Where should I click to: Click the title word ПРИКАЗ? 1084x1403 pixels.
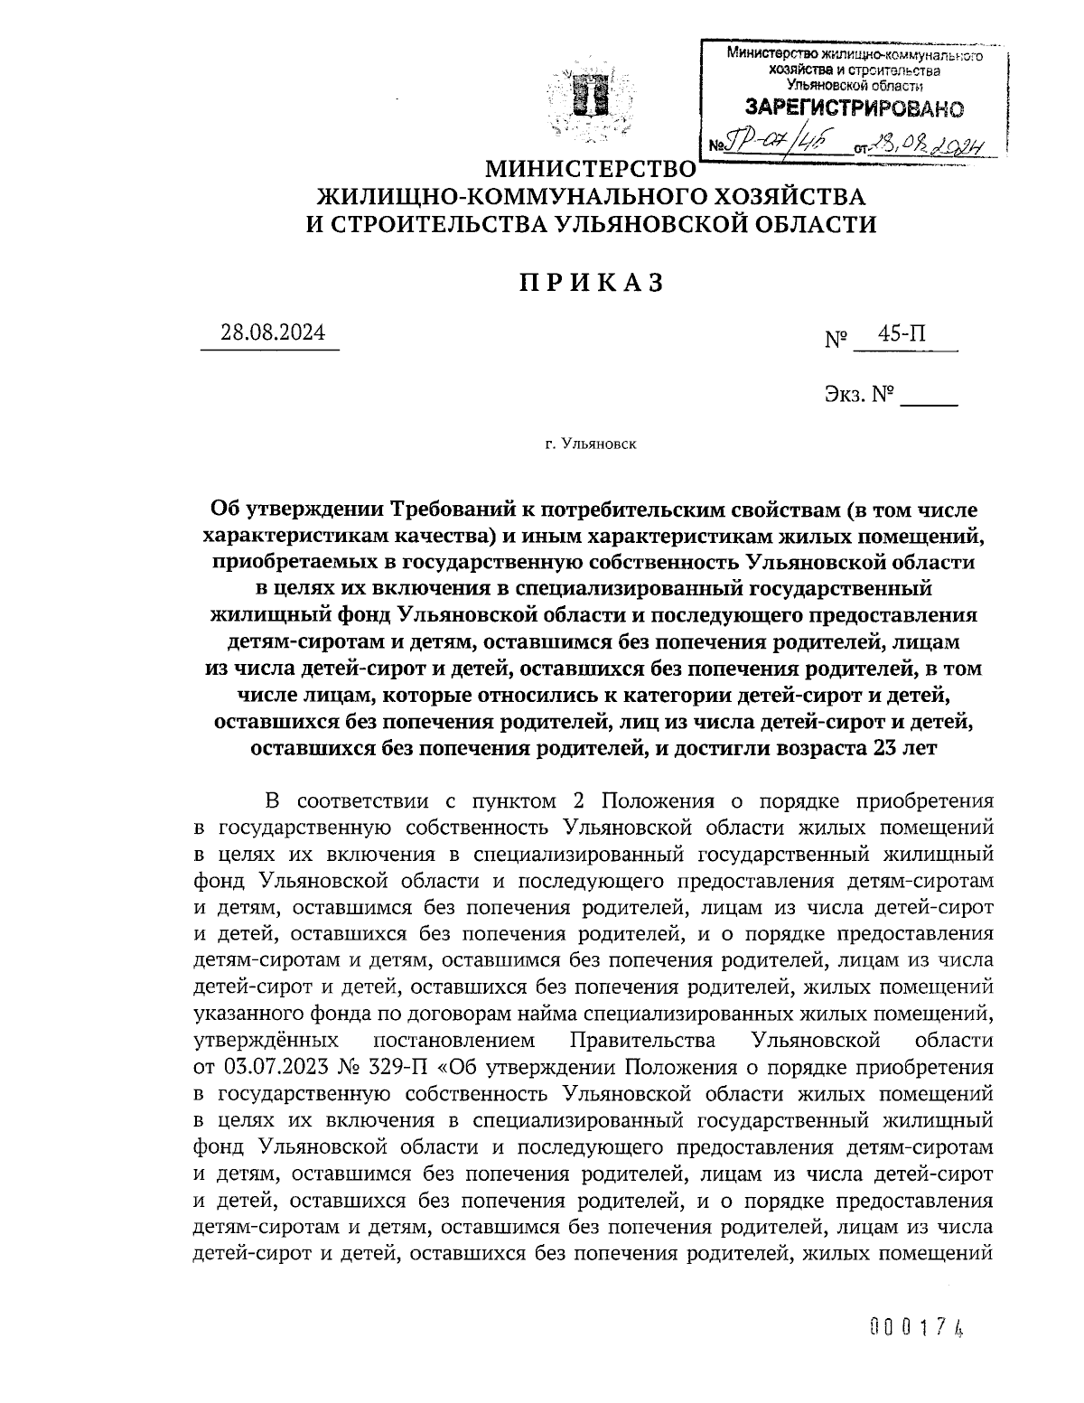592,283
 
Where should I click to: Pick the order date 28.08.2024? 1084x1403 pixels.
273,333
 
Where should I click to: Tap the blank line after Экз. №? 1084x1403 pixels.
930,398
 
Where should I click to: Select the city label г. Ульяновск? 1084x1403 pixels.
591,444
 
